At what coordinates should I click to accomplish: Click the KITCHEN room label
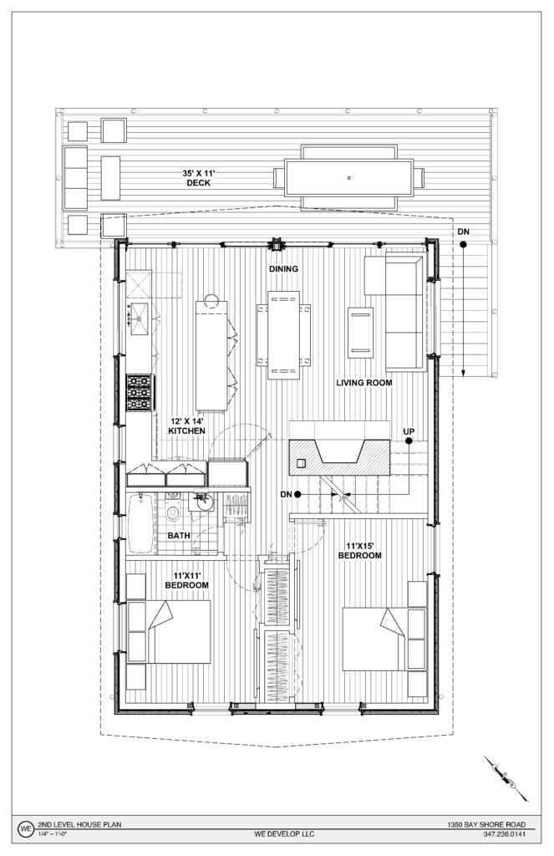[x=186, y=431]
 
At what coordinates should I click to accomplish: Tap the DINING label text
[x=283, y=268]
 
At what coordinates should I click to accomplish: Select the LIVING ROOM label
[x=364, y=383]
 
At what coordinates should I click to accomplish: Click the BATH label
[x=179, y=536]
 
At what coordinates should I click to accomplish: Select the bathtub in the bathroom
[x=141, y=523]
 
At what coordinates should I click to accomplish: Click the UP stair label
[x=409, y=432]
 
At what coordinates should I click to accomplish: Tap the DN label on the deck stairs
[x=463, y=232]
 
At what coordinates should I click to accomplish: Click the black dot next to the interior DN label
[x=298, y=495]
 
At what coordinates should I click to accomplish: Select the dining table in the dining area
[x=283, y=334]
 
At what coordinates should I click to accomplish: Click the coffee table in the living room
[x=360, y=333]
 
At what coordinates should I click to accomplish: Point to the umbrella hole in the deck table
[x=348, y=177]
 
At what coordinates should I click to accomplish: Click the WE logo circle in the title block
[x=26, y=828]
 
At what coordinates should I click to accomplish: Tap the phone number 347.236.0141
[x=505, y=834]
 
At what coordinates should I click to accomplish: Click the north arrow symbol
[x=506, y=778]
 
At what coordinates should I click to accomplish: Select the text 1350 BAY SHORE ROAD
[x=486, y=824]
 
